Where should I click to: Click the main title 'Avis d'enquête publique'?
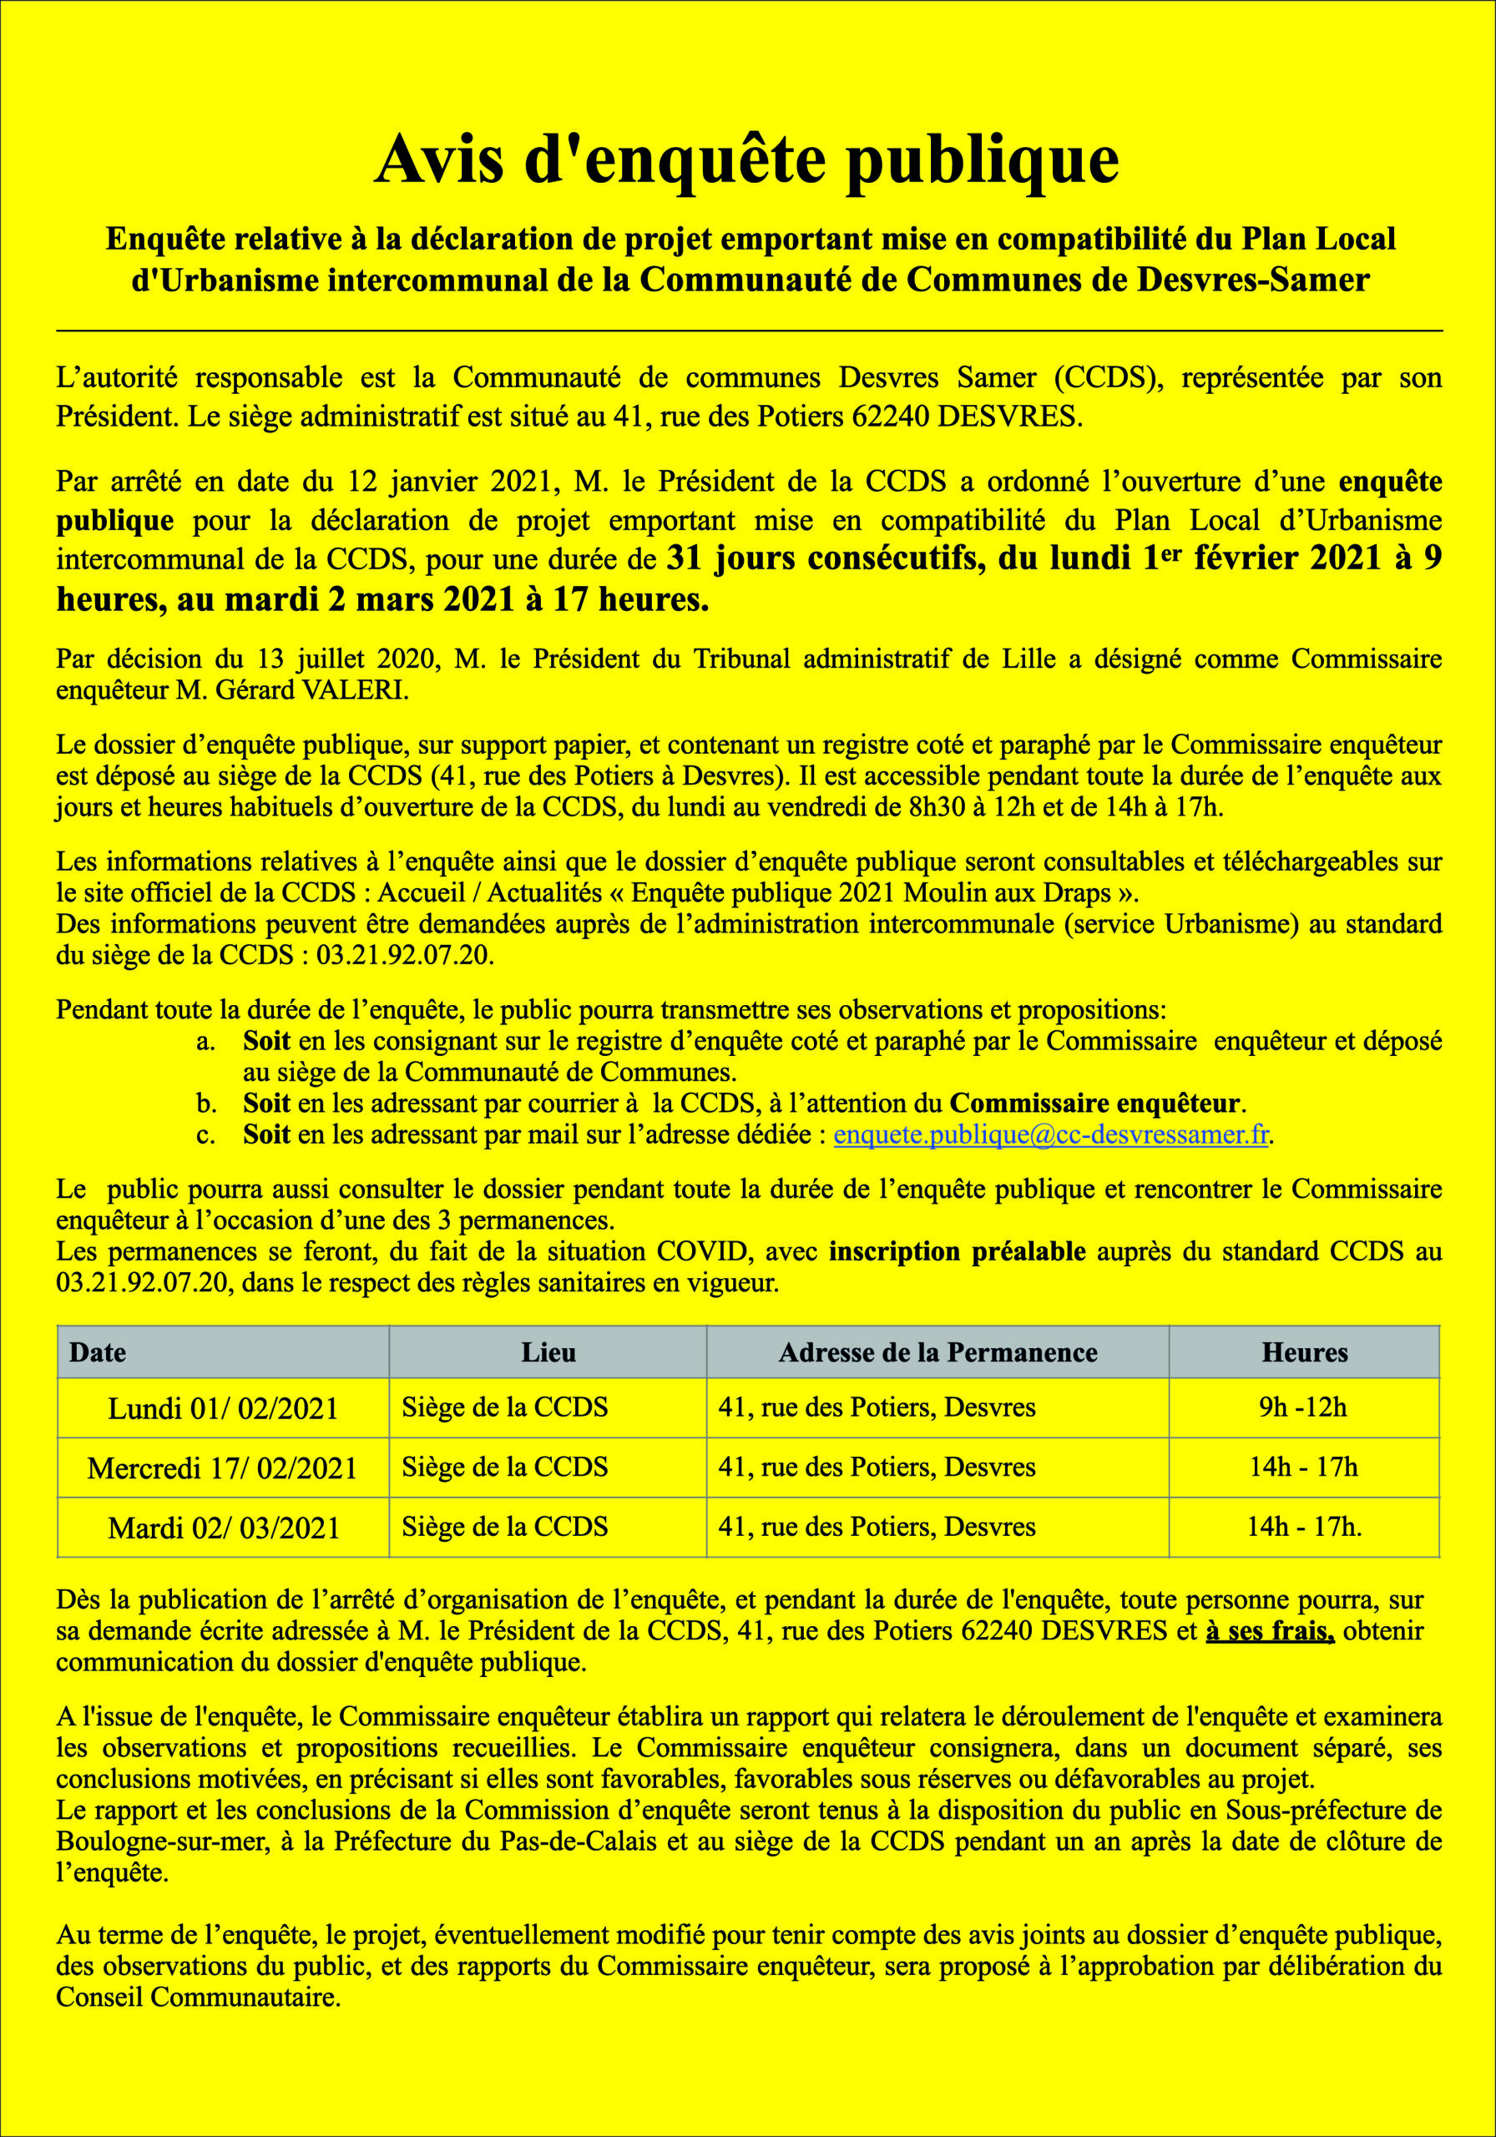(746, 160)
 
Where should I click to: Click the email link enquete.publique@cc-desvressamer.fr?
(1051, 1135)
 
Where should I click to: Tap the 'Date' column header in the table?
(98, 1352)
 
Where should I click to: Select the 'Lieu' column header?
(548, 1352)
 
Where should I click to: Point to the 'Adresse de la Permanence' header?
(938, 1352)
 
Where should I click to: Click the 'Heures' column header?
(1304, 1352)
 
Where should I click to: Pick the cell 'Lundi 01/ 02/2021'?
(224, 1408)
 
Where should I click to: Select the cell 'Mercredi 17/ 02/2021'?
(223, 1468)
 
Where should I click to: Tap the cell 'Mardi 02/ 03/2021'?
(224, 1528)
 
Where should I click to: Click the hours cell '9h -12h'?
(1303, 1407)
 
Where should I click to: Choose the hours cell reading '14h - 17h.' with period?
(1304, 1527)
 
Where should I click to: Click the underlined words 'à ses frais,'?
(1270, 1630)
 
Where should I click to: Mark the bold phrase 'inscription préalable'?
(957, 1252)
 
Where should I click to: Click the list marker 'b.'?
(207, 1104)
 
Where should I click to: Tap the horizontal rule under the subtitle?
(749, 331)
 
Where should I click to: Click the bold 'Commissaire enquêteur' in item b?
(1094, 1104)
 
